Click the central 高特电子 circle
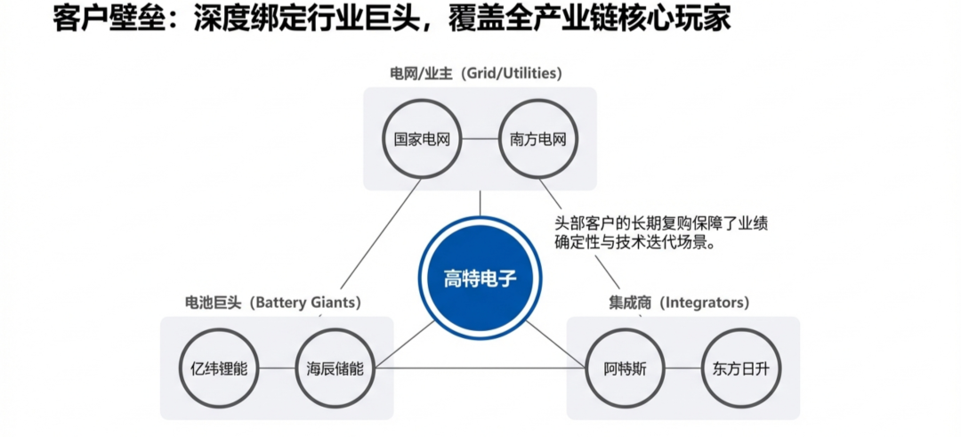480,278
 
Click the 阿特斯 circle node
624,368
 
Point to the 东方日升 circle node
740,368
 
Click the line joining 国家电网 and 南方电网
480,139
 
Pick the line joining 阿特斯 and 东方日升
682,368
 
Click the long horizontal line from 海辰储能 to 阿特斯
480,368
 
